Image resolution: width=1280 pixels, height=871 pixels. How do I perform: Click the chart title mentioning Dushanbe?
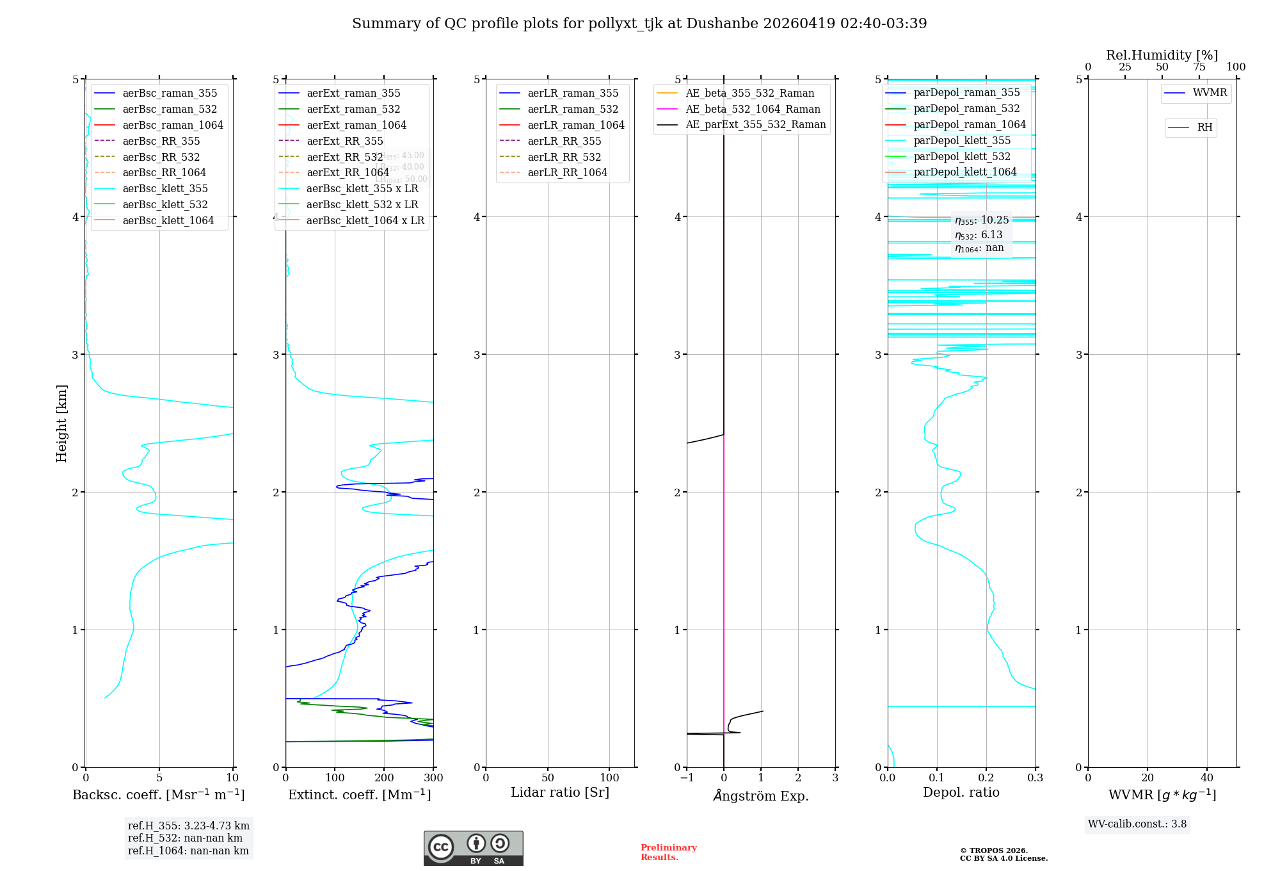[639, 24]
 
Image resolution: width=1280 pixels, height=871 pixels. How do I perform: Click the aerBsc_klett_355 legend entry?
[164, 188]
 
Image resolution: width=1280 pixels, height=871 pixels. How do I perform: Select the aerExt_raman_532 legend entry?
[353, 109]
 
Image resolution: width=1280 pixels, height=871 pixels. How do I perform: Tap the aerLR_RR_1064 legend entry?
[567, 172]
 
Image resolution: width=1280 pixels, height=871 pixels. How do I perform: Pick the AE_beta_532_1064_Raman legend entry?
[753, 109]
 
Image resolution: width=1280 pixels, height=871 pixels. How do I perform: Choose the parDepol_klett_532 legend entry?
[962, 156]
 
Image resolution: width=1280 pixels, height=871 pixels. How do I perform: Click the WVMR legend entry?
[1210, 93]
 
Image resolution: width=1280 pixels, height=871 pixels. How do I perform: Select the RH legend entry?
[1204, 127]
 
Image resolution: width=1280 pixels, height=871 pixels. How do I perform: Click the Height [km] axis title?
[61, 423]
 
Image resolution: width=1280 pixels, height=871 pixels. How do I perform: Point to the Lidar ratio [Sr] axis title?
[560, 792]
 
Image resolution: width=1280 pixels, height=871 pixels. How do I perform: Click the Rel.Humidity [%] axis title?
[1162, 55]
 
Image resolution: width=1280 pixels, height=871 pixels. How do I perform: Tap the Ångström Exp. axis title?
[761, 795]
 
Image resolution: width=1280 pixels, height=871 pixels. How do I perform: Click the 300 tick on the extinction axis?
[433, 778]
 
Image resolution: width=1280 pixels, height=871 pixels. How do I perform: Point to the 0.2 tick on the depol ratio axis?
[986, 778]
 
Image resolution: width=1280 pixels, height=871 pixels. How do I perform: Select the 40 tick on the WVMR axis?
[1207, 778]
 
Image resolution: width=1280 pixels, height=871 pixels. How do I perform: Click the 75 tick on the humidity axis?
[1199, 67]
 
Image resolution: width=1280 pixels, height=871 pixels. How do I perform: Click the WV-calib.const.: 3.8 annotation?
[1137, 824]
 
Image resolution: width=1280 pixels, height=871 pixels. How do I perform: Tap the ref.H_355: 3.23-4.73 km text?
[189, 826]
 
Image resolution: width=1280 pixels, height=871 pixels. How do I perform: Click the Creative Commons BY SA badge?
[473, 848]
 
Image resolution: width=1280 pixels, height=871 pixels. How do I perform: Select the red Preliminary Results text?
[668, 852]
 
